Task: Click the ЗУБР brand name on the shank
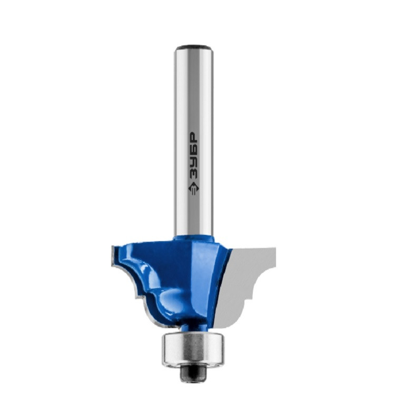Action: click(193, 155)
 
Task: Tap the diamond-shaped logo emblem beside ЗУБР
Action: click(193, 189)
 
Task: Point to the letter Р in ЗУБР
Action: click(193, 137)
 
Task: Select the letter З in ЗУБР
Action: click(193, 174)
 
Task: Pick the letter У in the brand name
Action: click(193, 162)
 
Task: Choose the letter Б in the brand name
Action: click(193, 150)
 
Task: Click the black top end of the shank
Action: click(194, 46)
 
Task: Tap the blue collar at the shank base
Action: click(194, 238)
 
